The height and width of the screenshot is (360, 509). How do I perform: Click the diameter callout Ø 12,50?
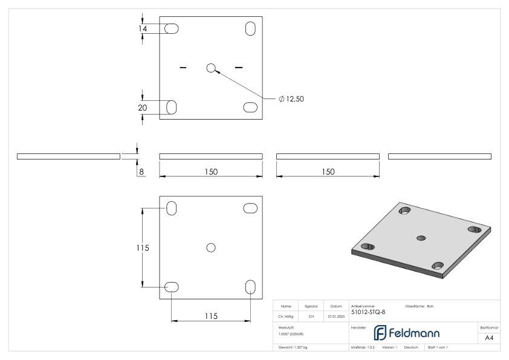pos(291,98)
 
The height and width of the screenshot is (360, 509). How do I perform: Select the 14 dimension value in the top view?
pos(143,28)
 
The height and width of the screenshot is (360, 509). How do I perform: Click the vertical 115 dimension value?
pos(143,248)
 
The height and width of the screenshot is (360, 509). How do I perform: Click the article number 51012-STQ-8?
pos(368,312)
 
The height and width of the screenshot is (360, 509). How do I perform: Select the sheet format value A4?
pos(490,338)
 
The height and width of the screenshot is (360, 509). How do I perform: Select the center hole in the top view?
pos(211,68)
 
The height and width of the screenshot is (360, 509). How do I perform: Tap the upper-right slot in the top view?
pos(250,28)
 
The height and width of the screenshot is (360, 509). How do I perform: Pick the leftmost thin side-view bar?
pos(68,156)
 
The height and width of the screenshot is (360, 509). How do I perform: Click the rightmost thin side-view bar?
pos(439,156)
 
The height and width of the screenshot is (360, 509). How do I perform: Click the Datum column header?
pos(336,306)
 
